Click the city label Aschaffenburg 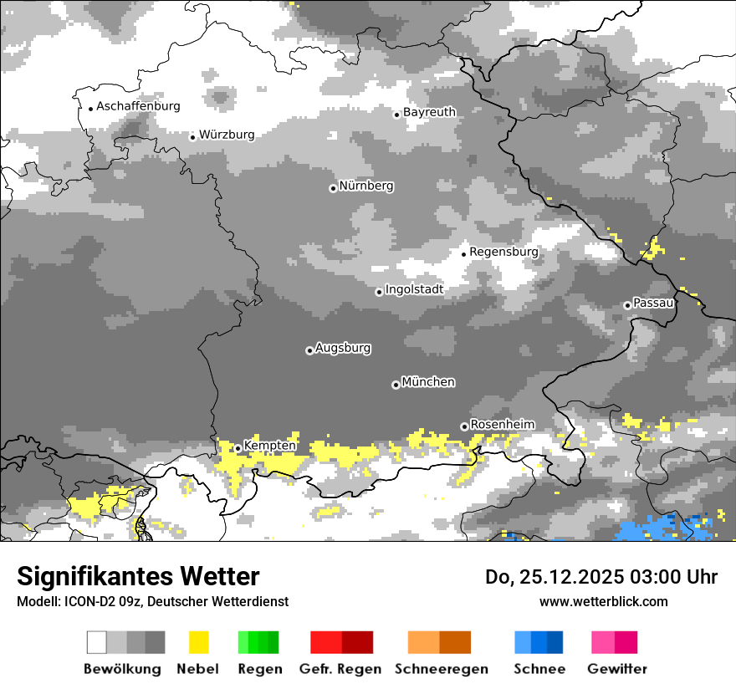138,106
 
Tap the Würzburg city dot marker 192,137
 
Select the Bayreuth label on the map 429,112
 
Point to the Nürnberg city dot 333,188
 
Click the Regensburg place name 503,252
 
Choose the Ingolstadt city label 414,289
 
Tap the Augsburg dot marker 309,350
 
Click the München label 428,382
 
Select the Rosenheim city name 502,425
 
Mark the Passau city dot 627,305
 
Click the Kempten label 269,446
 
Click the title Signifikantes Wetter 138,576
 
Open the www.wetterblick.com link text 603,601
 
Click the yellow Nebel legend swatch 199,642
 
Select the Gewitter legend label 616,669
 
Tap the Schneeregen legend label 441,669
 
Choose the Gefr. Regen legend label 340,669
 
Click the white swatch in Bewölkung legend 97,642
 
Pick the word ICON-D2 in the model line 85,601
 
